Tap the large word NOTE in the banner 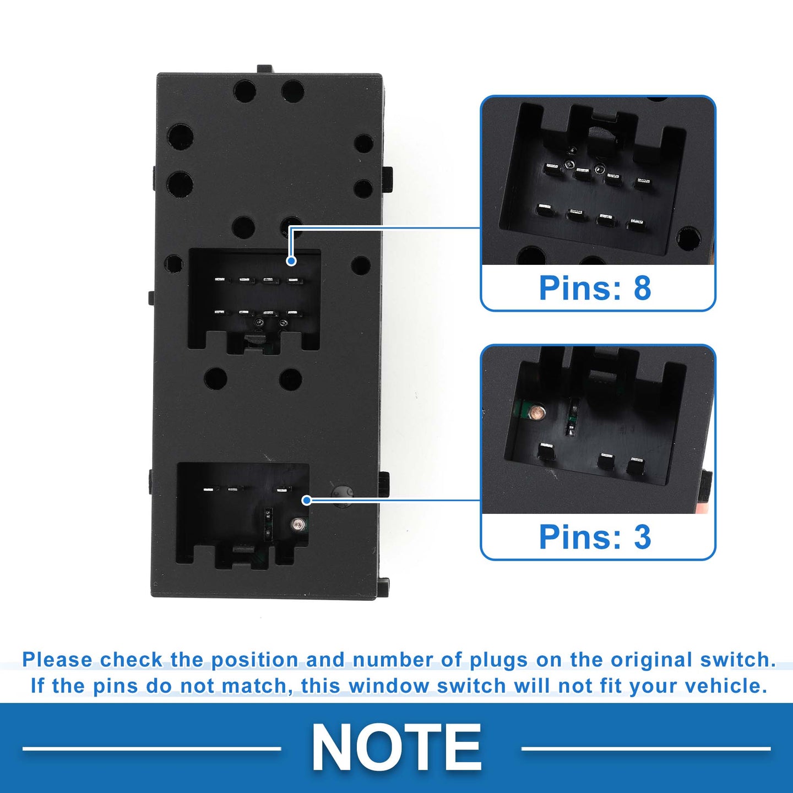397,747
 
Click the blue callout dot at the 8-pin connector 291,261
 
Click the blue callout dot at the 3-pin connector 307,501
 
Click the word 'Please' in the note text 58,660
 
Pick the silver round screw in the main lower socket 297,524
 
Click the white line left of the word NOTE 152,748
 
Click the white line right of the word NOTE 646,748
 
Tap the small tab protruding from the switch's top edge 264,69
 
